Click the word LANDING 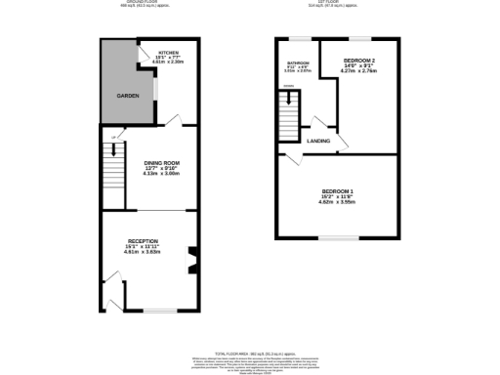[x=318, y=142]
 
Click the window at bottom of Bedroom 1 [x=337, y=238]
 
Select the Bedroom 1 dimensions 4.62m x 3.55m [x=337, y=202]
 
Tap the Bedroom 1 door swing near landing [x=289, y=158]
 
